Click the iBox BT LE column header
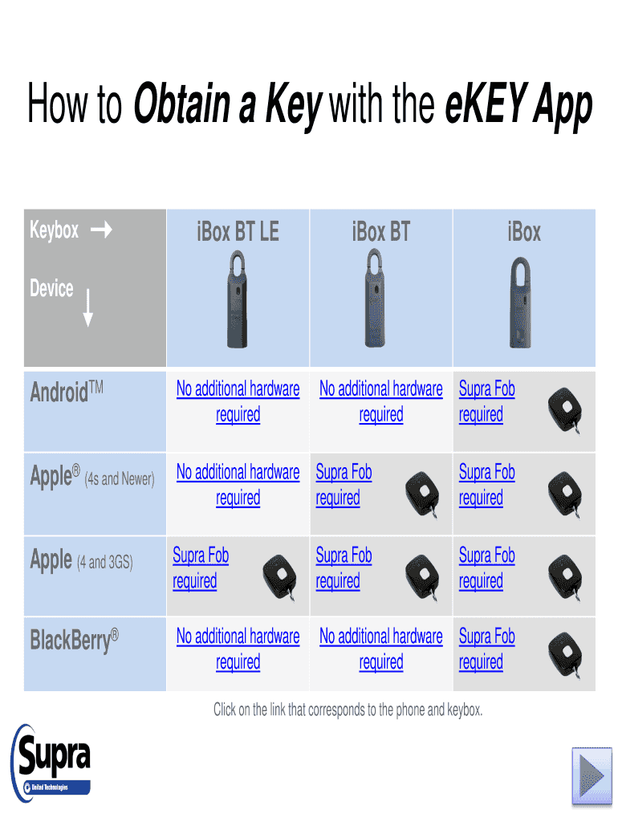[x=238, y=233]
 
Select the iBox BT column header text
[x=380, y=233]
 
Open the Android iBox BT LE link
[x=238, y=401]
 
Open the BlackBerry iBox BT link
[x=380, y=649]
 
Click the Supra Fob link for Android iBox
[x=486, y=401]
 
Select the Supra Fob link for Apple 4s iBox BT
[x=344, y=485]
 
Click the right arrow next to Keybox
[x=102, y=231]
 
